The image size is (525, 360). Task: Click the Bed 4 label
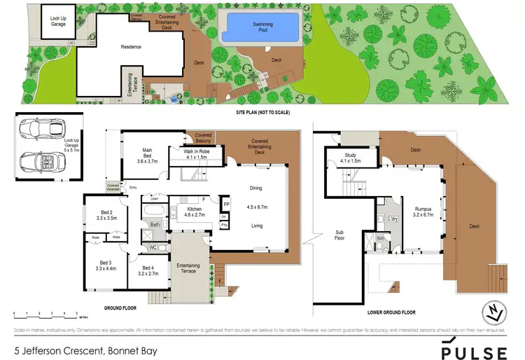pos(148,271)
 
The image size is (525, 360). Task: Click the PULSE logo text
pos(474,348)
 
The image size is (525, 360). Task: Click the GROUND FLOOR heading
pos(120,307)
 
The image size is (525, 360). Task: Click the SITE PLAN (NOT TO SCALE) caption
pos(262,113)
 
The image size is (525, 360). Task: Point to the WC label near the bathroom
pos(153,247)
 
